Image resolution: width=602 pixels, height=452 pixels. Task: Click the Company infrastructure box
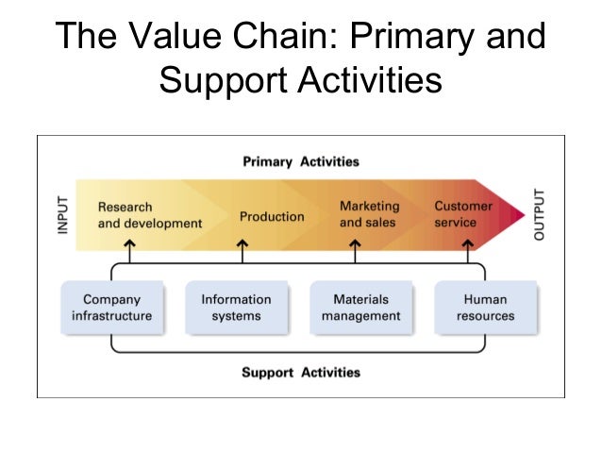pos(111,308)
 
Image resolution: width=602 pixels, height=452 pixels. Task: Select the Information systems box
pos(236,308)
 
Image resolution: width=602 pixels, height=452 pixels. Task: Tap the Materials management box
pos(361,308)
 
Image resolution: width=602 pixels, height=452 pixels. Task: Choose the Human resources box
pos(486,308)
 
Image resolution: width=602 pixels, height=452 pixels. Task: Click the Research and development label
pos(149,215)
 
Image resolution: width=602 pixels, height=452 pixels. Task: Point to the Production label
pos(272,216)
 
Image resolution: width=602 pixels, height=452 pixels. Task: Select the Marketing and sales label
pos(369,214)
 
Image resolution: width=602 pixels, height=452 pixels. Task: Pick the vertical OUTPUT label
pos(539,215)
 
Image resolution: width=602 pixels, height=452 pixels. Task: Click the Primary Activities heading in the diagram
pos(301,161)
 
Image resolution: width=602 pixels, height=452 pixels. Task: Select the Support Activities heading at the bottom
pos(301,372)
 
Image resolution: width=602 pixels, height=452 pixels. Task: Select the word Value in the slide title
pos(176,37)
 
